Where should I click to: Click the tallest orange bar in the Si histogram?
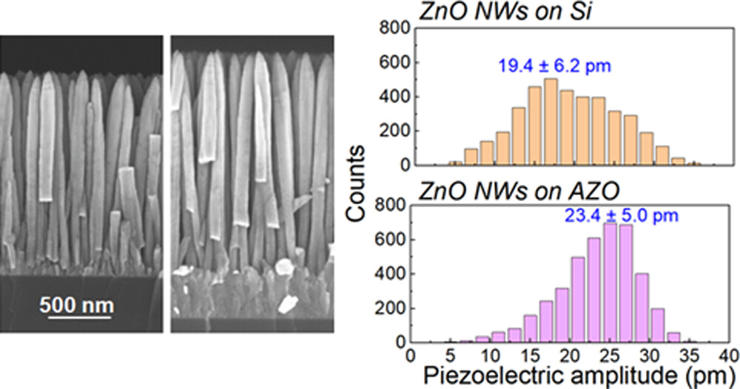click(x=550, y=122)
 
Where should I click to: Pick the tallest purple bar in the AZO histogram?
click(x=610, y=283)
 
